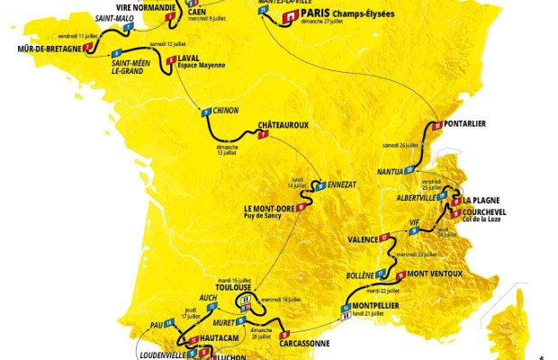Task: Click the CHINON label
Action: click(x=226, y=111)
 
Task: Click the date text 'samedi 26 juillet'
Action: click(x=401, y=144)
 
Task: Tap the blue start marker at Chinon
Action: click(x=205, y=112)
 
